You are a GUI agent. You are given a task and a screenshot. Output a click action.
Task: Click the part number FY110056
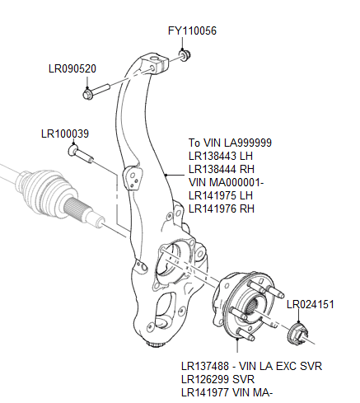coord(192,31)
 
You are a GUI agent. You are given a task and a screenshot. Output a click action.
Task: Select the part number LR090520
coord(72,68)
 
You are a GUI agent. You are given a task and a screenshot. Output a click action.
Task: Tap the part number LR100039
coord(65,133)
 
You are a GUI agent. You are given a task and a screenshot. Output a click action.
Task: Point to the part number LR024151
coord(311,304)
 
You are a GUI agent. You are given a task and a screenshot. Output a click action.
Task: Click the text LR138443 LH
coord(221,156)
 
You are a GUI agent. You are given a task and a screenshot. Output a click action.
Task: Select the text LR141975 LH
coord(221,195)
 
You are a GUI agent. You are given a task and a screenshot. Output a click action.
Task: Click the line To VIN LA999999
coord(230,143)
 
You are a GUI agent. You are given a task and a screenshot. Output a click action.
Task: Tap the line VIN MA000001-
coord(227,182)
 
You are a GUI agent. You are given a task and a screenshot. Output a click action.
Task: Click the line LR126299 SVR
coord(217,378)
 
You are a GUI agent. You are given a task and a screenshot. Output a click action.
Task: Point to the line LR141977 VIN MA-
coord(227,391)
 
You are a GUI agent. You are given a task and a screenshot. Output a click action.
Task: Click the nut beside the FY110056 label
coord(185,55)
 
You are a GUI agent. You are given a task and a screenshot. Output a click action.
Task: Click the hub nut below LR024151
coord(298,335)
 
